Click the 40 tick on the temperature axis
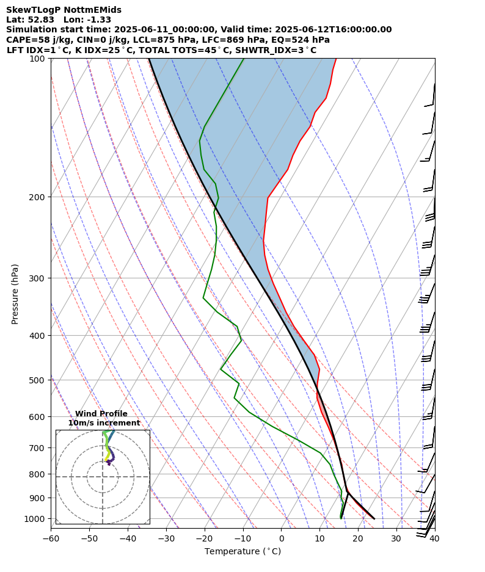pos(434,539)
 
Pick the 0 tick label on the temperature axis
pos(281,539)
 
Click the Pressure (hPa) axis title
pos(15,294)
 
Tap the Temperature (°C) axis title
pos(242,552)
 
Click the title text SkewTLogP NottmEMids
pos(64,10)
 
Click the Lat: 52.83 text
pos(30,20)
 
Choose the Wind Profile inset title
pos(101,414)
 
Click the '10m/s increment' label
pos(104,423)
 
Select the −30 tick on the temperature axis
pos(166,539)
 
